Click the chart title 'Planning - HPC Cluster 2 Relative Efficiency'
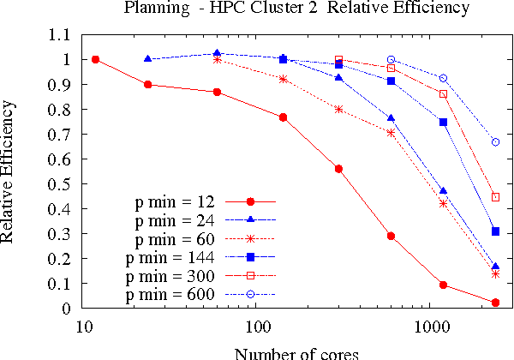(296, 9)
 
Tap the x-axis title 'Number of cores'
(296, 352)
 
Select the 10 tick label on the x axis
(83, 327)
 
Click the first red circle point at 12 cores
(96, 59)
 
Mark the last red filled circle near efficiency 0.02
(496, 303)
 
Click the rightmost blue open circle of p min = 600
(496, 141)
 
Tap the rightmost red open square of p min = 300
(496, 197)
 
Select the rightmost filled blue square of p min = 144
(496, 231)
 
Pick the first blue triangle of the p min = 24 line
(148, 59)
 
